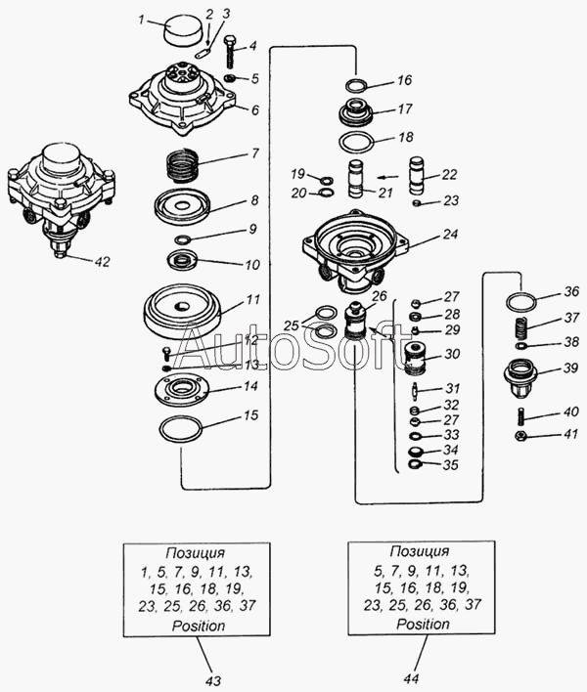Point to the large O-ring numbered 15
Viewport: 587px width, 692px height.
click(180, 428)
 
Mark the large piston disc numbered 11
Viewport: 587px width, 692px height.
click(181, 308)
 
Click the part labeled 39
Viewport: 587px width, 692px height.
click(520, 375)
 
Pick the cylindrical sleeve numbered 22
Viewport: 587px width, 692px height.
click(422, 176)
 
